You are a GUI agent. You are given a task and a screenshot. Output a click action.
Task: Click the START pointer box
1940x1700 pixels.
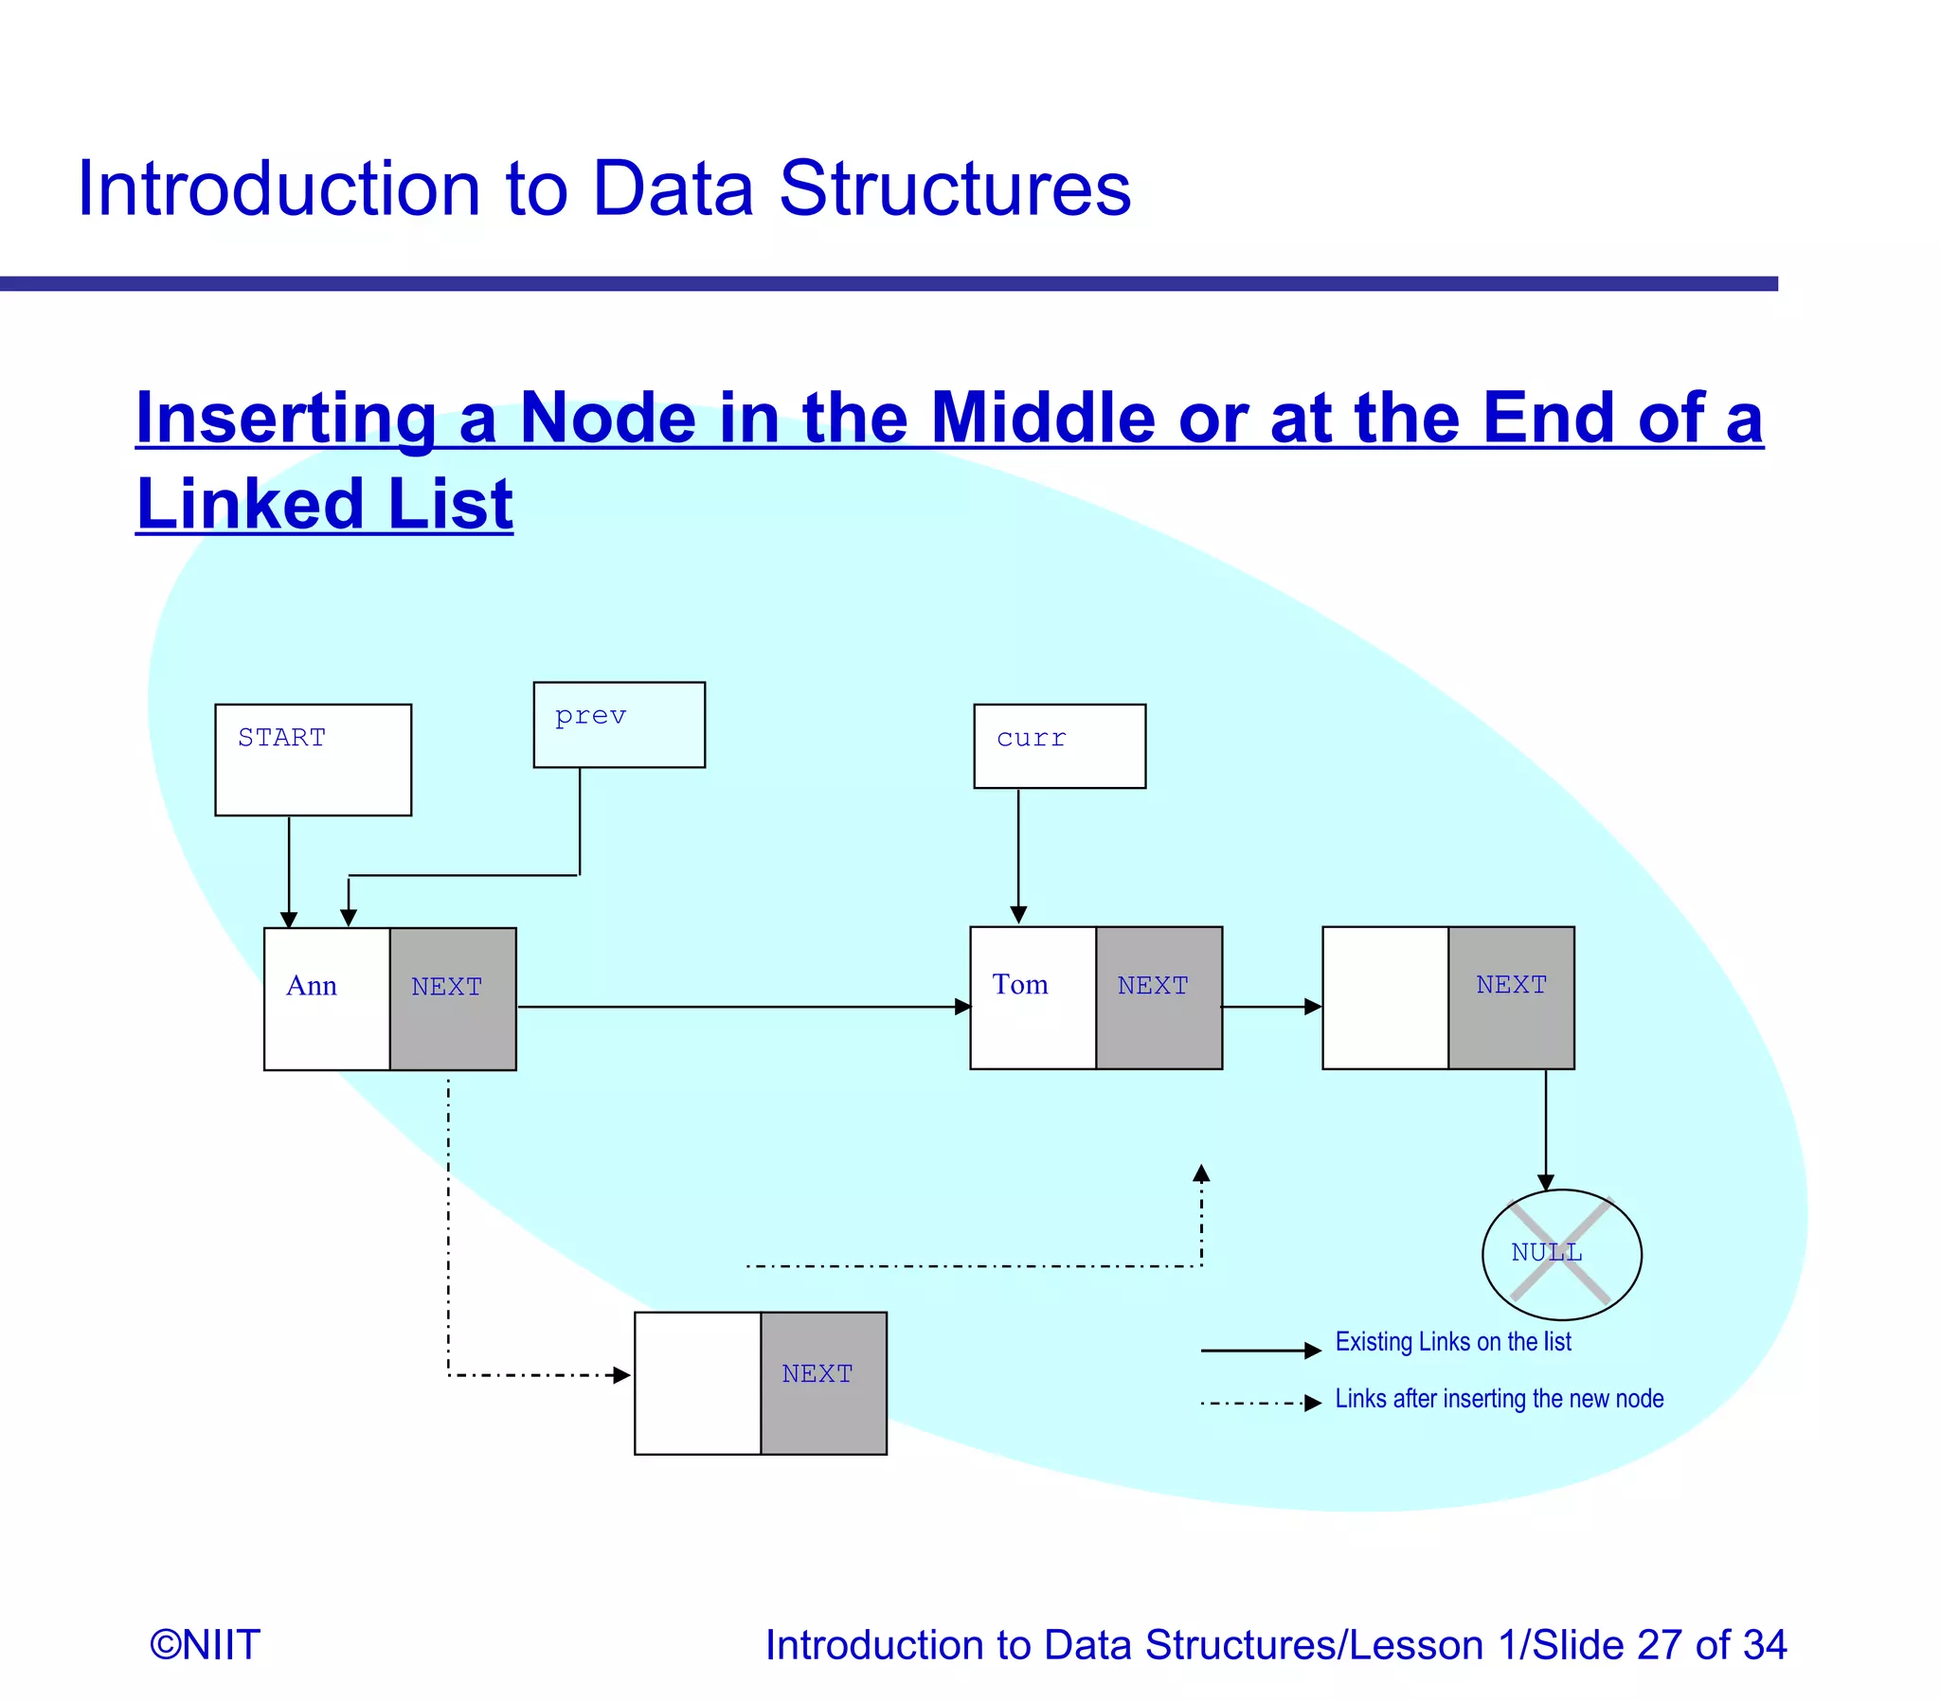tap(312, 759)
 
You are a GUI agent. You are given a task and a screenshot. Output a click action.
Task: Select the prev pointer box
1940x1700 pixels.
tap(619, 724)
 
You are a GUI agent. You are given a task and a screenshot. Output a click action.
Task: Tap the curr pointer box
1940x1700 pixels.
tap(1059, 745)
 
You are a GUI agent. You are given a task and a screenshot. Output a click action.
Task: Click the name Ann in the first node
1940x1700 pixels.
tap(311, 986)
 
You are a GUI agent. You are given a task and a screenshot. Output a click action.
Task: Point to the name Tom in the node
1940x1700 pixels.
tap(1020, 984)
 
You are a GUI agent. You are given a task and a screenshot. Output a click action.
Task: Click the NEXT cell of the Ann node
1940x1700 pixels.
tap(453, 998)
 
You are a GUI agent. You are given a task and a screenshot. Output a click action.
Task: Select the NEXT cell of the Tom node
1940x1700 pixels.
tap(1159, 997)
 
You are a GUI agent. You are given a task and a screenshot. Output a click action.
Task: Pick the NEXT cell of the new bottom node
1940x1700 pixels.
tap(822, 1382)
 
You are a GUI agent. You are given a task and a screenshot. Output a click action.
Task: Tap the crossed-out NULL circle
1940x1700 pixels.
tap(1560, 1253)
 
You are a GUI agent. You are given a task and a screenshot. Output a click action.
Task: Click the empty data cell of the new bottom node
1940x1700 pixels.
tap(697, 1382)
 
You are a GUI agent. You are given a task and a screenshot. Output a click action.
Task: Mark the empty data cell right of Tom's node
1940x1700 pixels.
tap(1384, 997)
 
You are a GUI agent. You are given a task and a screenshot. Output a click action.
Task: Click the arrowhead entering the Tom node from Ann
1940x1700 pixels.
tap(961, 1007)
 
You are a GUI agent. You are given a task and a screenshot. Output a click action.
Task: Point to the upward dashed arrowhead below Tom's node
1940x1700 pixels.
tap(1201, 1173)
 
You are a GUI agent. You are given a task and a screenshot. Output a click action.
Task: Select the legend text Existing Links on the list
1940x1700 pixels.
tap(1452, 1341)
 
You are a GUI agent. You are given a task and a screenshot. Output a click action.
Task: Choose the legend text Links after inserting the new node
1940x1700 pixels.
tap(1499, 1398)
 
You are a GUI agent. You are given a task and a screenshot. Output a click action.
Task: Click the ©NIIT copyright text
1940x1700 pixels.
tap(205, 1644)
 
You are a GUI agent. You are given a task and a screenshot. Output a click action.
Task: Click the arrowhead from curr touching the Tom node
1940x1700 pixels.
tap(1018, 915)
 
